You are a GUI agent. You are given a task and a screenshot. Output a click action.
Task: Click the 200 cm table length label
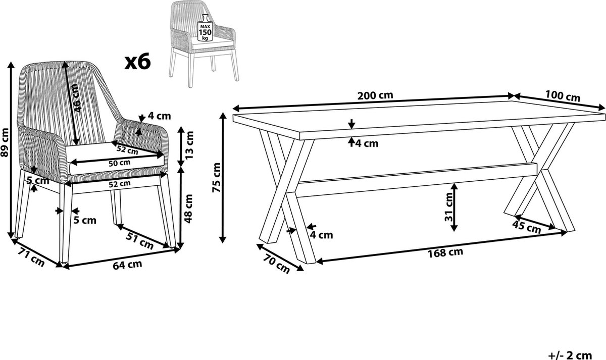(375, 95)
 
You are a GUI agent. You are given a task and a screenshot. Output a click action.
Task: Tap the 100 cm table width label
(563, 96)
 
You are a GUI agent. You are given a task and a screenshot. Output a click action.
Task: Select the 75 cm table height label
(217, 177)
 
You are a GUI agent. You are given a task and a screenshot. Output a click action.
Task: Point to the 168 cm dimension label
(445, 252)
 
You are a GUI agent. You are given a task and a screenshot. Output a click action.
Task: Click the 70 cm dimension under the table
(276, 264)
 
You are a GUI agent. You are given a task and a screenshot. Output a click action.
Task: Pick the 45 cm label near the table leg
(526, 227)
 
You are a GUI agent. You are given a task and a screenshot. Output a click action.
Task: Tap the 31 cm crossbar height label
(449, 207)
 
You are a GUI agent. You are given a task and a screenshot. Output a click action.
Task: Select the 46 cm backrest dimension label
(77, 98)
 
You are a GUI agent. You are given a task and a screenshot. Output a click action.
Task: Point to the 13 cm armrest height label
(190, 145)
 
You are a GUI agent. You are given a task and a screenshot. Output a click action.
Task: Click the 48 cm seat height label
(188, 209)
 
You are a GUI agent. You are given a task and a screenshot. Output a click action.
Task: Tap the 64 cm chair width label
(127, 265)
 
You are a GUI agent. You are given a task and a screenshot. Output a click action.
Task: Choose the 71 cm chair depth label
(31, 257)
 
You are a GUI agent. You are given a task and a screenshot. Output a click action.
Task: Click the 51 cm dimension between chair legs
(139, 241)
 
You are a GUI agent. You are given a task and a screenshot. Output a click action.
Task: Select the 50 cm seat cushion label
(119, 163)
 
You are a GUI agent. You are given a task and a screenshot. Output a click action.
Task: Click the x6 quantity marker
(137, 62)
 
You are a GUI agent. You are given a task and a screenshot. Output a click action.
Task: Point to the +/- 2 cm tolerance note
(570, 355)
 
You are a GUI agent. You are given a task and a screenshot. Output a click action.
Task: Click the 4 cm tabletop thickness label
(367, 143)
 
